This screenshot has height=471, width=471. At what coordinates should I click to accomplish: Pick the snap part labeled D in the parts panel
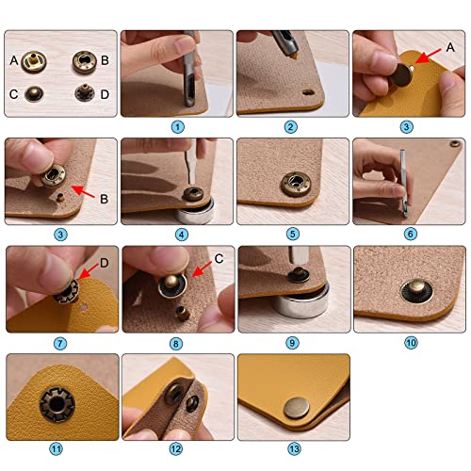84,95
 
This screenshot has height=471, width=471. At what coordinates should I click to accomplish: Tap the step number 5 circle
292,233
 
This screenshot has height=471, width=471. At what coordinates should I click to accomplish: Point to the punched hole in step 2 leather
308,93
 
